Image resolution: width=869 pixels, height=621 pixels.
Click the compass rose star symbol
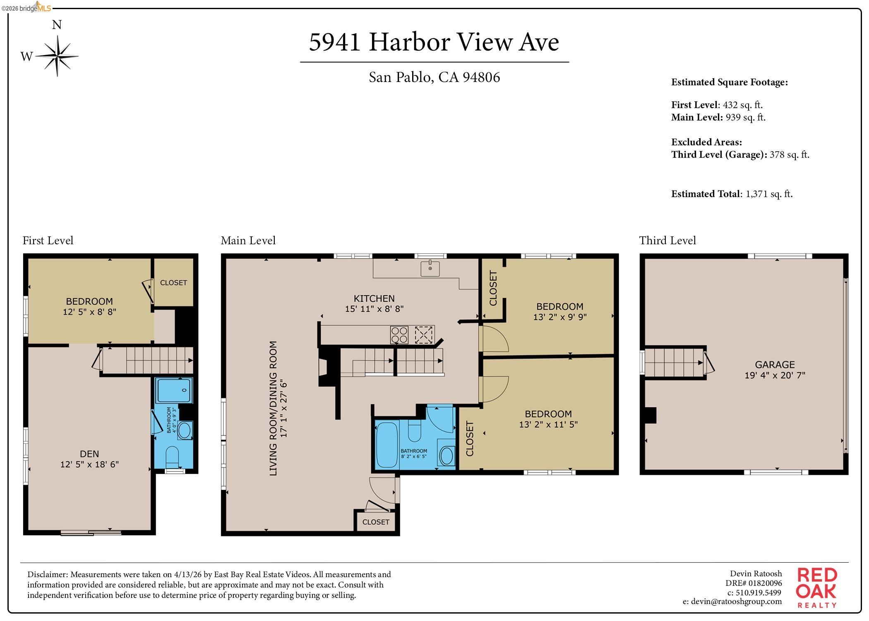[x=57, y=56]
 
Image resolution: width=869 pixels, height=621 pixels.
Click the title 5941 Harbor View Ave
[x=434, y=42]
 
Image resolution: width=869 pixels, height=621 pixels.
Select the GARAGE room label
[x=775, y=365]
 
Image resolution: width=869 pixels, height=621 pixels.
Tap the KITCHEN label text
[x=374, y=298]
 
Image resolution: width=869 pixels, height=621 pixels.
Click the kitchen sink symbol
[x=430, y=268]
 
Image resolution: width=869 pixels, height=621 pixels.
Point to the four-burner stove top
[x=399, y=335]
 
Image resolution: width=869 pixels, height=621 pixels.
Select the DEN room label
[x=89, y=454]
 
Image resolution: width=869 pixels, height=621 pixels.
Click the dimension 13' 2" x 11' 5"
[x=548, y=424]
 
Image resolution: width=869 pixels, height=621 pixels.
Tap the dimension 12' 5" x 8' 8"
[x=89, y=312]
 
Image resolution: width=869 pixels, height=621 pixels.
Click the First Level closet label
[x=173, y=283]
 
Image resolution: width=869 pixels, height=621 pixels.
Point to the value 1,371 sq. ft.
[x=769, y=194]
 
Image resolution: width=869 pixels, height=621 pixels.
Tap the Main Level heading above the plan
[x=248, y=241]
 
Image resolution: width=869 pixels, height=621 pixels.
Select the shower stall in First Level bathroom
[x=174, y=390]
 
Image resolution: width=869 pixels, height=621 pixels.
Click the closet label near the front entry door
[x=376, y=522]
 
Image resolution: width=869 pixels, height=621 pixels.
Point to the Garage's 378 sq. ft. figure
[x=789, y=154]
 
